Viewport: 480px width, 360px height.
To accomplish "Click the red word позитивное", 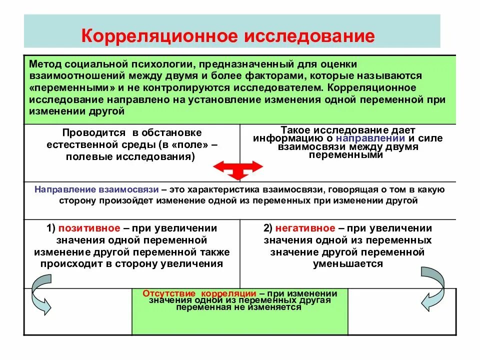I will pyautogui.click(x=89, y=228).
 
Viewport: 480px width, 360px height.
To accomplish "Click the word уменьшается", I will pyautogui.click(x=348, y=264).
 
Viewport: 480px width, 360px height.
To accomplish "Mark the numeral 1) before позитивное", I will pyautogui.click(x=51, y=228).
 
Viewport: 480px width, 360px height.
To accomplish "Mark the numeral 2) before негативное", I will pyautogui.click(x=267, y=228).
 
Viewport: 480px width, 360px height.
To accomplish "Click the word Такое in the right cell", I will pyautogui.click(x=295, y=129).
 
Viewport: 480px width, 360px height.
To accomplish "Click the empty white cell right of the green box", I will pyautogui.click(x=401, y=311).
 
